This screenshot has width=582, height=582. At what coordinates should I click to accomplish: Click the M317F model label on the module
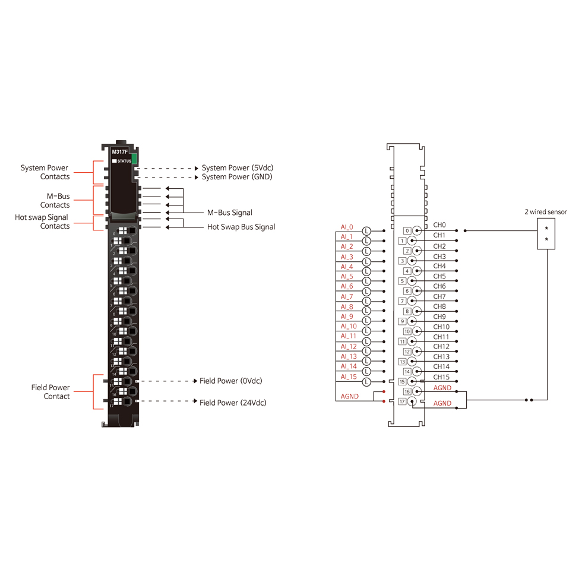click(x=119, y=152)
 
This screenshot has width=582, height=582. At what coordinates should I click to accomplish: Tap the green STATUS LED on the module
click(x=134, y=159)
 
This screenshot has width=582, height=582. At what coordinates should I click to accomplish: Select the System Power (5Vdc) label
click(x=238, y=167)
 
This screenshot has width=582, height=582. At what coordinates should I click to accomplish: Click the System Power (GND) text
click(x=237, y=177)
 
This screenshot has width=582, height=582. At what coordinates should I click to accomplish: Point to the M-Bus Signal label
click(x=230, y=213)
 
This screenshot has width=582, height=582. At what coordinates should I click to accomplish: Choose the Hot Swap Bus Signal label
click(x=241, y=227)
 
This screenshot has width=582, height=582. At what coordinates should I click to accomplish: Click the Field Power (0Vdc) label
click(x=231, y=381)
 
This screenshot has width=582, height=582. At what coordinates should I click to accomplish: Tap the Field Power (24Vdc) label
click(x=233, y=403)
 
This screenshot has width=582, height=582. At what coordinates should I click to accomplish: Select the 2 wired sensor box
click(x=546, y=234)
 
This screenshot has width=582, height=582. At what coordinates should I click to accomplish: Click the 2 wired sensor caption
click(x=546, y=212)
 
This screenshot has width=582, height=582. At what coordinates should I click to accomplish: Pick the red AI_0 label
click(x=347, y=227)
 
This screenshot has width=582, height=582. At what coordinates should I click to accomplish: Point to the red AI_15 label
click(x=349, y=377)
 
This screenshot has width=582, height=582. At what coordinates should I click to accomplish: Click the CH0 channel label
click(x=439, y=225)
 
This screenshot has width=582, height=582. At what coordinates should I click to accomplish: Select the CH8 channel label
click(x=439, y=306)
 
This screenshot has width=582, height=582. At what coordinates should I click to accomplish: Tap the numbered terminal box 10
click(x=407, y=331)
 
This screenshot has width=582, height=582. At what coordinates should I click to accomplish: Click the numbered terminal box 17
click(x=402, y=401)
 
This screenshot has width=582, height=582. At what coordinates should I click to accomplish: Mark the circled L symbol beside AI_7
click(x=366, y=301)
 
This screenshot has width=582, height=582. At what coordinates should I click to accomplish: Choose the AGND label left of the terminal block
click(x=350, y=397)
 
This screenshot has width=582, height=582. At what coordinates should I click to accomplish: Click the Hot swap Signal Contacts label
click(x=42, y=222)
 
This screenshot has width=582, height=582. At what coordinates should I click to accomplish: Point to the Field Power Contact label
click(x=50, y=392)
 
